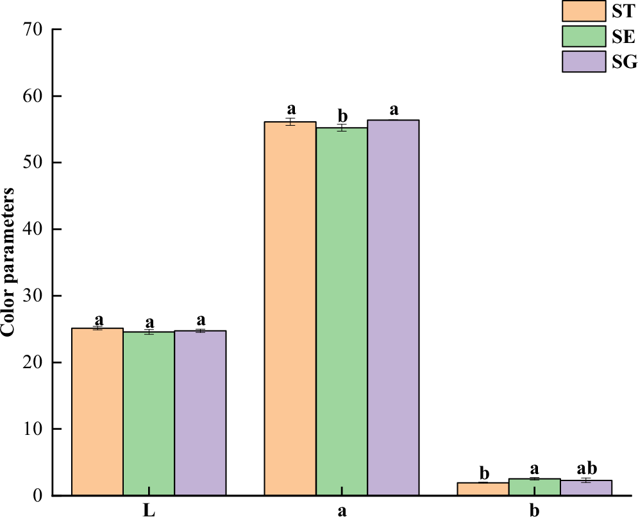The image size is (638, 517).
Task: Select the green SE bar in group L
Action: [x=149, y=414]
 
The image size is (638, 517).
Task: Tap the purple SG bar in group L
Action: [x=200, y=413]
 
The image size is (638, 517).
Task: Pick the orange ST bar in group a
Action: [x=290, y=309]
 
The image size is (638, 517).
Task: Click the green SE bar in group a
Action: [x=342, y=311]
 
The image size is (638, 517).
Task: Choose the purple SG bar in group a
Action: [x=393, y=307]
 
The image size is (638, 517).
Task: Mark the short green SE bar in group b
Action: [x=535, y=487]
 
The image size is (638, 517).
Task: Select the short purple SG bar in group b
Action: [x=586, y=488]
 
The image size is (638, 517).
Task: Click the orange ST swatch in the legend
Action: [x=584, y=11]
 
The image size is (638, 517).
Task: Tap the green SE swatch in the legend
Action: [x=584, y=36]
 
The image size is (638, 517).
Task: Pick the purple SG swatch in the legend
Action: [x=584, y=62]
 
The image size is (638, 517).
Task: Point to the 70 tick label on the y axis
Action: [x=33, y=30]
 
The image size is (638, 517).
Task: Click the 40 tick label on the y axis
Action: [x=33, y=230]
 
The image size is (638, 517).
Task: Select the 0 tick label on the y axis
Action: [x=38, y=496]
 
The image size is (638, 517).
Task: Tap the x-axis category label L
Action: [x=149, y=511]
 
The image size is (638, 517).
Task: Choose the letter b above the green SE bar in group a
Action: [x=342, y=116]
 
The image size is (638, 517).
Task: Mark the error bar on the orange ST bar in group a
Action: [x=290, y=122]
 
